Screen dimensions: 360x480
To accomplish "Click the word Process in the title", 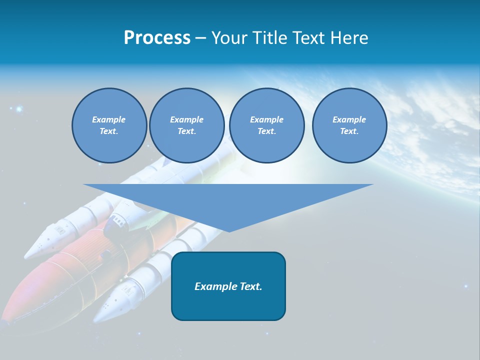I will click(x=157, y=38).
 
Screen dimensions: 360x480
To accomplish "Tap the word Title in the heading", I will click(x=269, y=38).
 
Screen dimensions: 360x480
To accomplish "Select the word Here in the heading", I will click(x=349, y=38).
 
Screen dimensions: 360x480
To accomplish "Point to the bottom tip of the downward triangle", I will click(x=229, y=231).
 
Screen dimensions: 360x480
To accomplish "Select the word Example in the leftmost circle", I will click(x=109, y=119).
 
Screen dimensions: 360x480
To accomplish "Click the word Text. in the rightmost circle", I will click(x=349, y=131).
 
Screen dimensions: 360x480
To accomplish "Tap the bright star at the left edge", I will click(x=19, y=108).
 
